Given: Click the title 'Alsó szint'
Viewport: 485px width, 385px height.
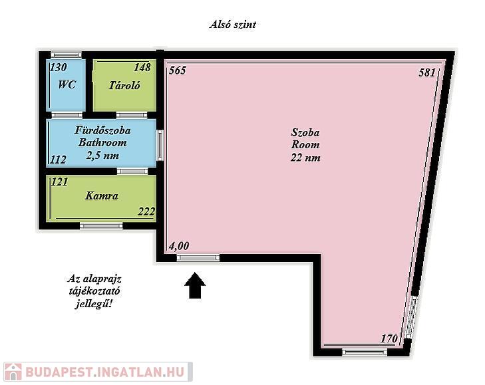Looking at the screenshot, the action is (x=233, y=25).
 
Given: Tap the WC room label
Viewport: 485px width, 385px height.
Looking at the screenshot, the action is (x=67, y=84).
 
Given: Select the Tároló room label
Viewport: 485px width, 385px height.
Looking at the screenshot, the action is (x=124, y=85).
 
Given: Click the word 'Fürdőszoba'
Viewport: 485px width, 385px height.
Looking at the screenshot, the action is (x=102, y=130).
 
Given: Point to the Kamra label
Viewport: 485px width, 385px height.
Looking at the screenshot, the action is (x=101, y=195).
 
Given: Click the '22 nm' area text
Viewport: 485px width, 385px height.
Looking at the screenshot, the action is (x=305, y=158).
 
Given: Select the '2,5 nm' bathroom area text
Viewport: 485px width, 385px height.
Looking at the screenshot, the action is (x=102, y=155).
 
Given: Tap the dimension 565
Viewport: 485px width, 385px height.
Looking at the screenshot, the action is (x=178, y=70).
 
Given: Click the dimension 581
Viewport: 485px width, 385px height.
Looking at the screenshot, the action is (x=427, y=72).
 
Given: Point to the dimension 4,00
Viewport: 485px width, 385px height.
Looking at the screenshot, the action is (x=179, y=246).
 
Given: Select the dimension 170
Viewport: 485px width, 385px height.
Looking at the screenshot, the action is (x=389, y=338).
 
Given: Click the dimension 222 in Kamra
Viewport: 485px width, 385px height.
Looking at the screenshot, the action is (x=146, y=211).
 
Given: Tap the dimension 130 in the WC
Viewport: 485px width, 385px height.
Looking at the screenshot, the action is (x=59, y=67).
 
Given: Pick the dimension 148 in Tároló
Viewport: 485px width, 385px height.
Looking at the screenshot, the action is (x=142, y=67).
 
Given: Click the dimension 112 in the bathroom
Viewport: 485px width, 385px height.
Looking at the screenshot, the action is (x=58, y=160).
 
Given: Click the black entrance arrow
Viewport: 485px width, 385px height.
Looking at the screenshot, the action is (x=195, y=285).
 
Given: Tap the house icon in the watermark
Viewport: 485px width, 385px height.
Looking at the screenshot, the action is (x=13, y=372).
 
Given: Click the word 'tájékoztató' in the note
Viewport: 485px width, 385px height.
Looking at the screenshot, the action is (x=94, y=291).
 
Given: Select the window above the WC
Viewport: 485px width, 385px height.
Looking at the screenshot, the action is (x=66, y=55).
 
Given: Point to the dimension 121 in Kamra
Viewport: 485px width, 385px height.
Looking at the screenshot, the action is (x=59, y=182).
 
